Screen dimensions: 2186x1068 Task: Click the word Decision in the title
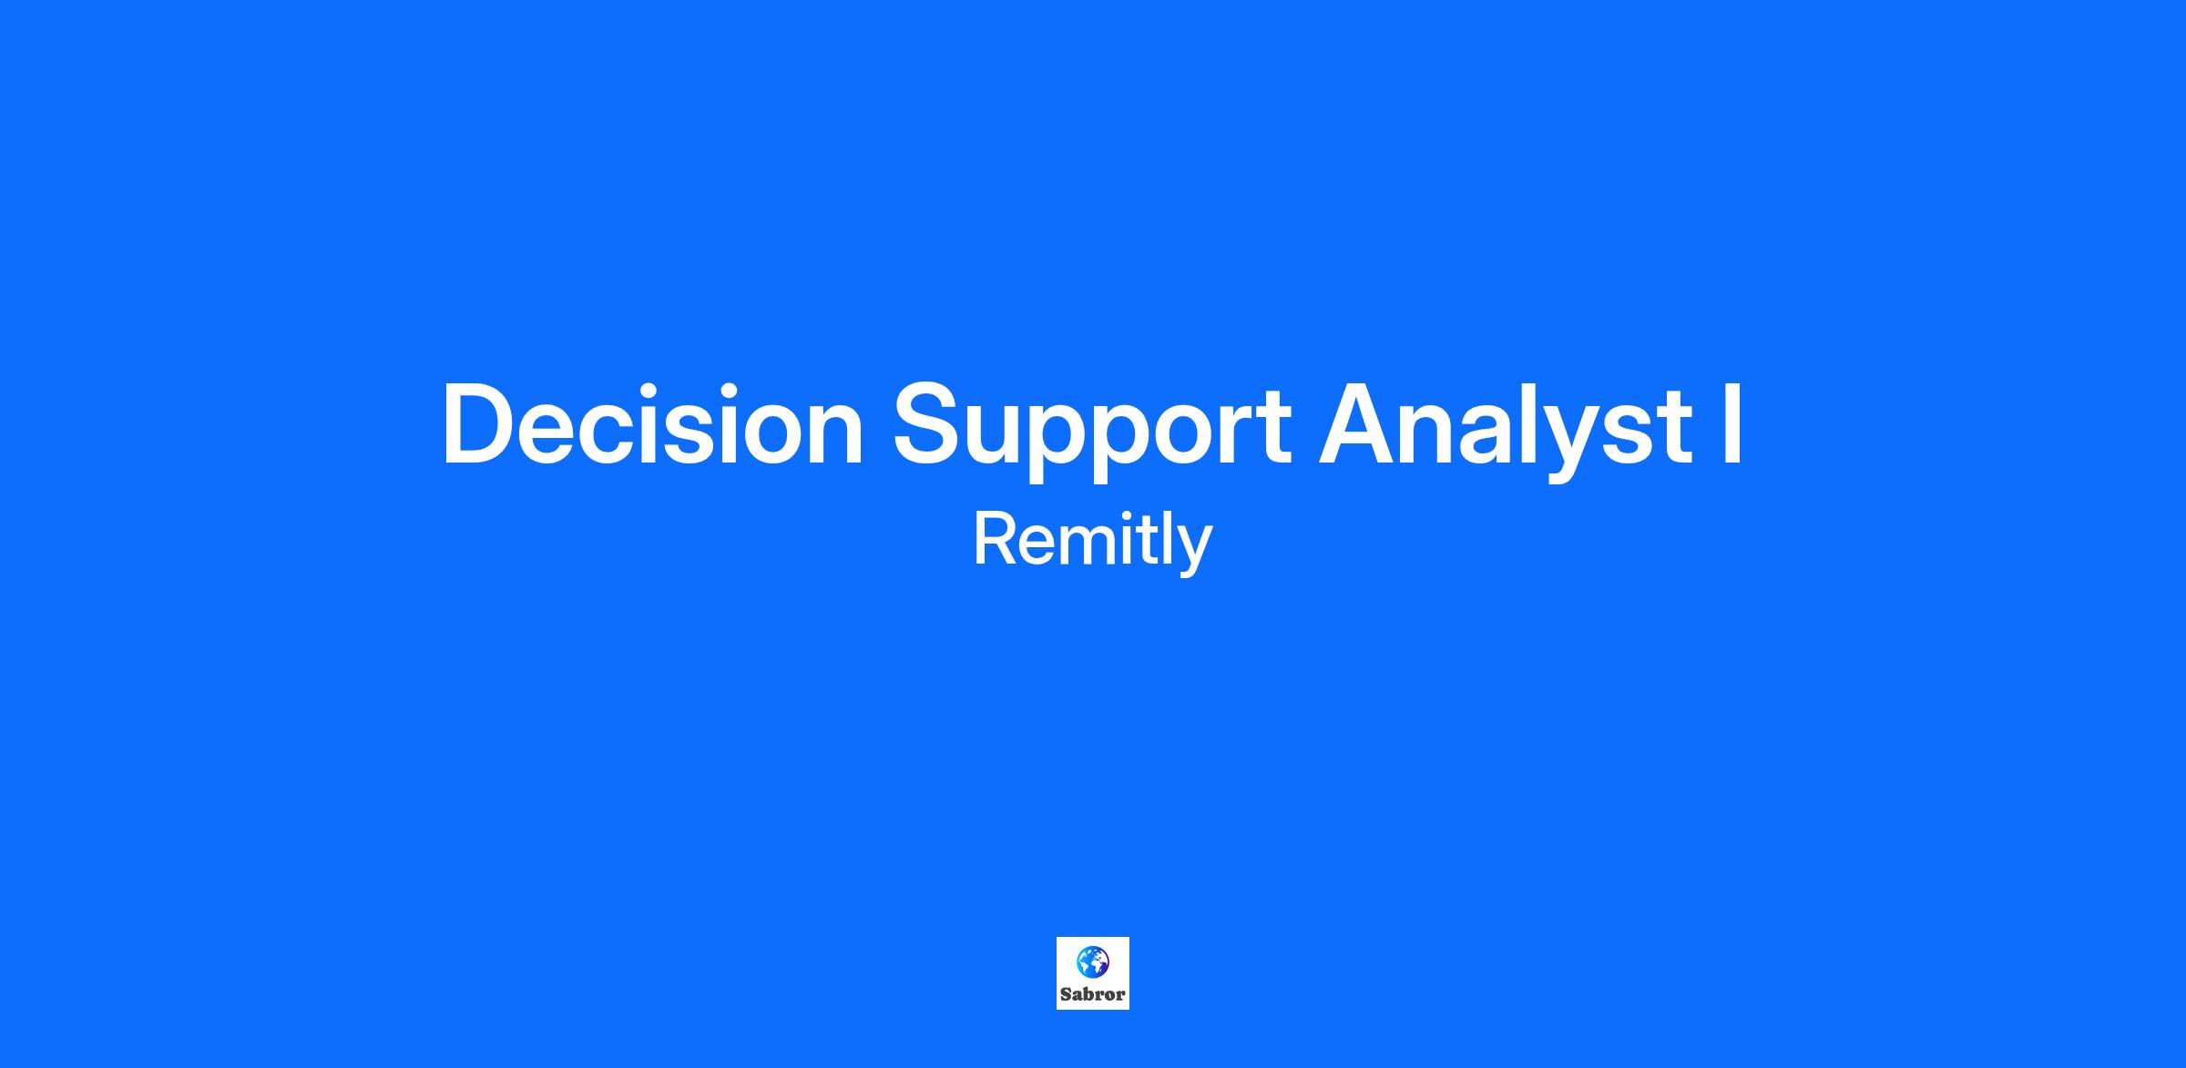tap(652, 424)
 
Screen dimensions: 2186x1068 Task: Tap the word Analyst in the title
tap(1507, 429)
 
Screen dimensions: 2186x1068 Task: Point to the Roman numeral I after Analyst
tap(1732, 424)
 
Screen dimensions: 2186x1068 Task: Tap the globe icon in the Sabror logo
tap(1093, 961)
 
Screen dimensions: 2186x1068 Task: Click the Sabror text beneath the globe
tap(1093, 994)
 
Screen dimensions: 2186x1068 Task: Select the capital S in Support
tap(928, 424)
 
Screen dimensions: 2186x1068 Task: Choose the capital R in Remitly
tap(997, 540)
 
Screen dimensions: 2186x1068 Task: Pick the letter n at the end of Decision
tap(835, 434)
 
